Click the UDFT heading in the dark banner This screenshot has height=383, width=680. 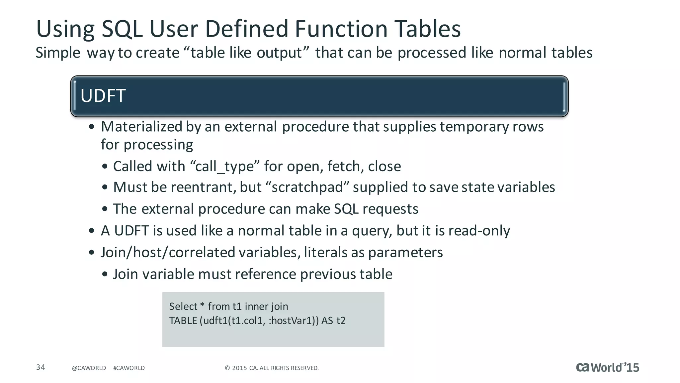coord(103,96)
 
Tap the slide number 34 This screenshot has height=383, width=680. coord(41,367)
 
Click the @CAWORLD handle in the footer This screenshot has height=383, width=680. coord(89,368)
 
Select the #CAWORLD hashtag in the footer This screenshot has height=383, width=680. coord(129,368)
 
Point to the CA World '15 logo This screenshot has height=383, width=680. coord(607,367)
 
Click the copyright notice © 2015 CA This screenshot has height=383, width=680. coord(272,368)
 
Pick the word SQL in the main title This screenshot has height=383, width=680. coord(122,29)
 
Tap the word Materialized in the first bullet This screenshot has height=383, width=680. coord(142,127)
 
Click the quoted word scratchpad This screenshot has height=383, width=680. coord(307,187)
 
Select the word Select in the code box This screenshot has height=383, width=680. coord(183,306)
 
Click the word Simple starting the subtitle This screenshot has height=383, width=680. coord(58,53)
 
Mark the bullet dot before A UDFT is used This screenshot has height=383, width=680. coord(92,231)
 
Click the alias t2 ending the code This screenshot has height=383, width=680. coord(341,320)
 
